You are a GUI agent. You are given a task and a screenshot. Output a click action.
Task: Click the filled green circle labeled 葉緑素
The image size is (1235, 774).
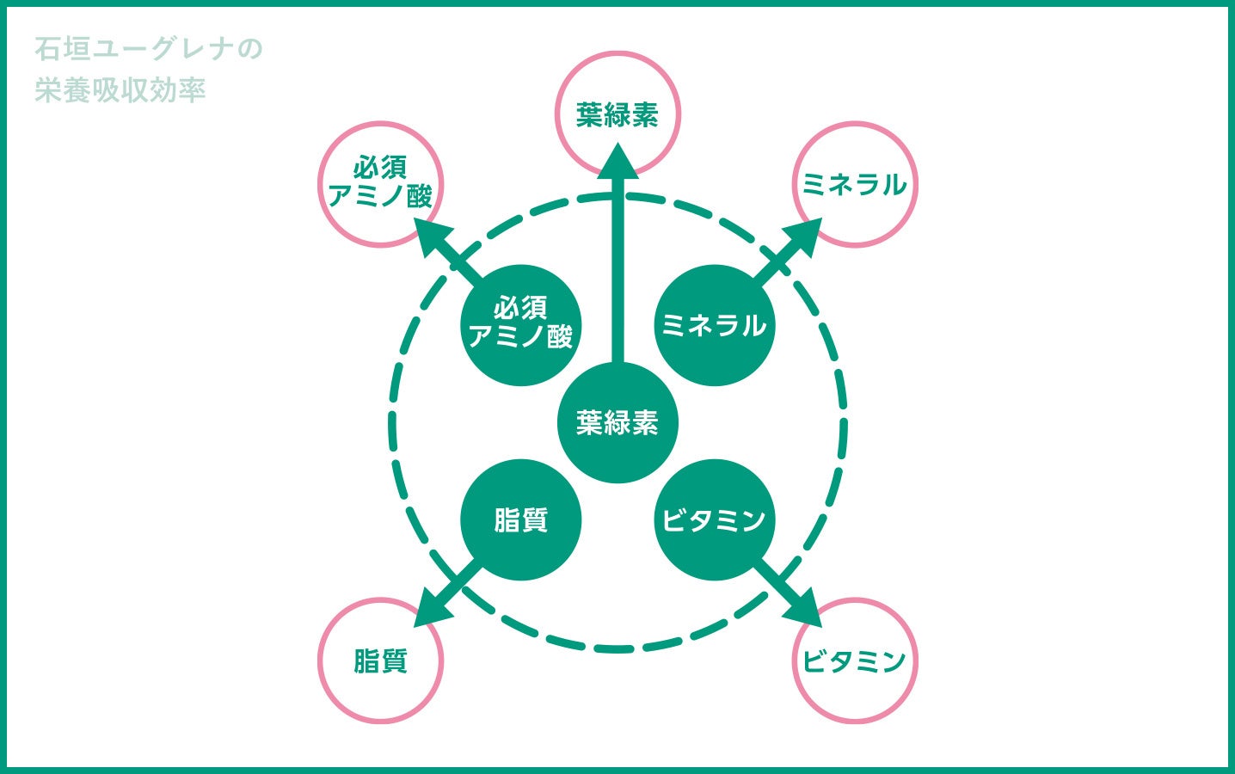coord(617,422)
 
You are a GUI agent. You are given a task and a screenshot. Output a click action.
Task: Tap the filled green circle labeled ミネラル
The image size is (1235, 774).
coord(714,325)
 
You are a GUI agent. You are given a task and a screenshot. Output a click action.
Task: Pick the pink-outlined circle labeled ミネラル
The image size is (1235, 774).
coord(854,184)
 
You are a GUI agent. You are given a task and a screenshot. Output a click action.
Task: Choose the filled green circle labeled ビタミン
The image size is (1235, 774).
coord(714,520)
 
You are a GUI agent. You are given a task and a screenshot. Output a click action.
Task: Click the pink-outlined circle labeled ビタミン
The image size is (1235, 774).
coord(854,660)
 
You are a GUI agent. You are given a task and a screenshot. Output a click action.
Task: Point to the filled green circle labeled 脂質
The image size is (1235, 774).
coord(520,520)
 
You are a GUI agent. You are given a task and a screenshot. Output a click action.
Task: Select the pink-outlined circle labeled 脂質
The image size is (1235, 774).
coord(380,660)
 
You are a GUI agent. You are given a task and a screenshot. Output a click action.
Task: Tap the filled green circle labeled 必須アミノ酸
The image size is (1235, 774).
coord(520,325)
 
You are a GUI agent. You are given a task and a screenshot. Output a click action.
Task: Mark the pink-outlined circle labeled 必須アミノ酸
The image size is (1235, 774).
coord(380,184)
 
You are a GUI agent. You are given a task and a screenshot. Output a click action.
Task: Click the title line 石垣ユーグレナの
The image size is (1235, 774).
coord(148,49)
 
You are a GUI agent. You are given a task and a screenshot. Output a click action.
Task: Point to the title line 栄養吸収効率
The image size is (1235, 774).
coord(120,90)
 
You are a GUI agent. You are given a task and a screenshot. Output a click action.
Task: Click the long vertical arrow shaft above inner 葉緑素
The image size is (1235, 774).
coord(617,275)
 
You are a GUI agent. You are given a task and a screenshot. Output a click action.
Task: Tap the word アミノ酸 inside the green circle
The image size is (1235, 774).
coord(520,336)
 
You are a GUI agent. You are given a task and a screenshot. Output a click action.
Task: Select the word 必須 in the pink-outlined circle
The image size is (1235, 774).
coord(380,169)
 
